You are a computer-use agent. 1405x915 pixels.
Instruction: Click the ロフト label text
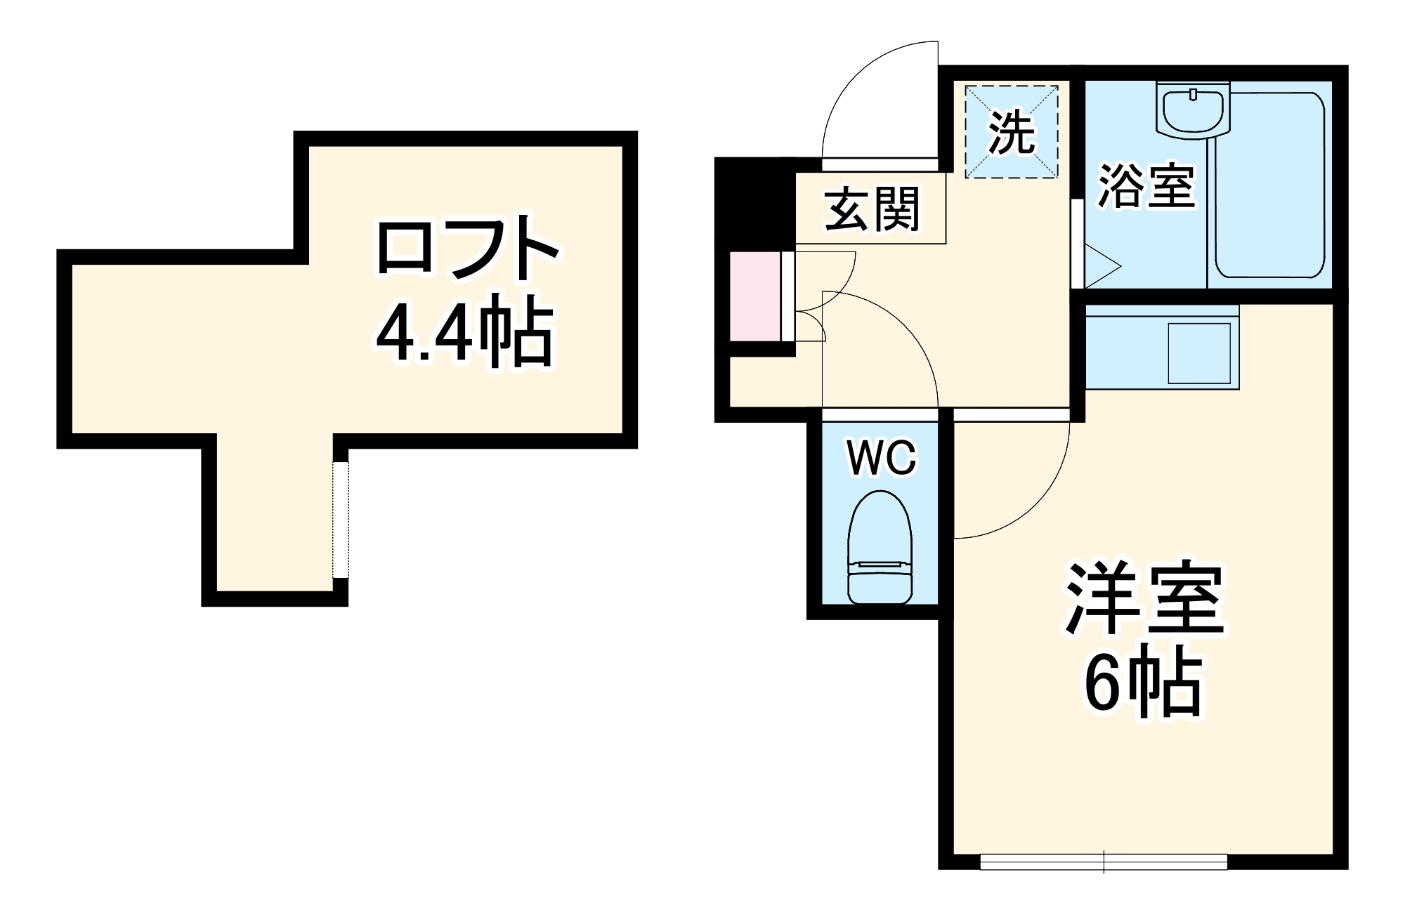click(x=467, y=249)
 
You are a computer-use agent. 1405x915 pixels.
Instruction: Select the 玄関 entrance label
click(x=871, y=209)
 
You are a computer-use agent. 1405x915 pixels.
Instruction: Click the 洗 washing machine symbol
click(x=1011, y=132)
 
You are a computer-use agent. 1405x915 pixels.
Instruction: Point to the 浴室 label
click(x=1146, y=187)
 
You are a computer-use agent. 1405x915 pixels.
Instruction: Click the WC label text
click(x=882, y=458)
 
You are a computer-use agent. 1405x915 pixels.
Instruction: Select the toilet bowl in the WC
click(x=880, y=548)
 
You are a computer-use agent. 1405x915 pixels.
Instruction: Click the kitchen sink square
click(x=1199, y=353)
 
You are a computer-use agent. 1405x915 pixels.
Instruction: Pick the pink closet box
click(x=755, y=296)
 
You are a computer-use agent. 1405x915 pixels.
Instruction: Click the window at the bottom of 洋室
click(x=1104, y=862)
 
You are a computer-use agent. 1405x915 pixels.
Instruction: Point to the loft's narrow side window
click(x=340, y=519)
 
